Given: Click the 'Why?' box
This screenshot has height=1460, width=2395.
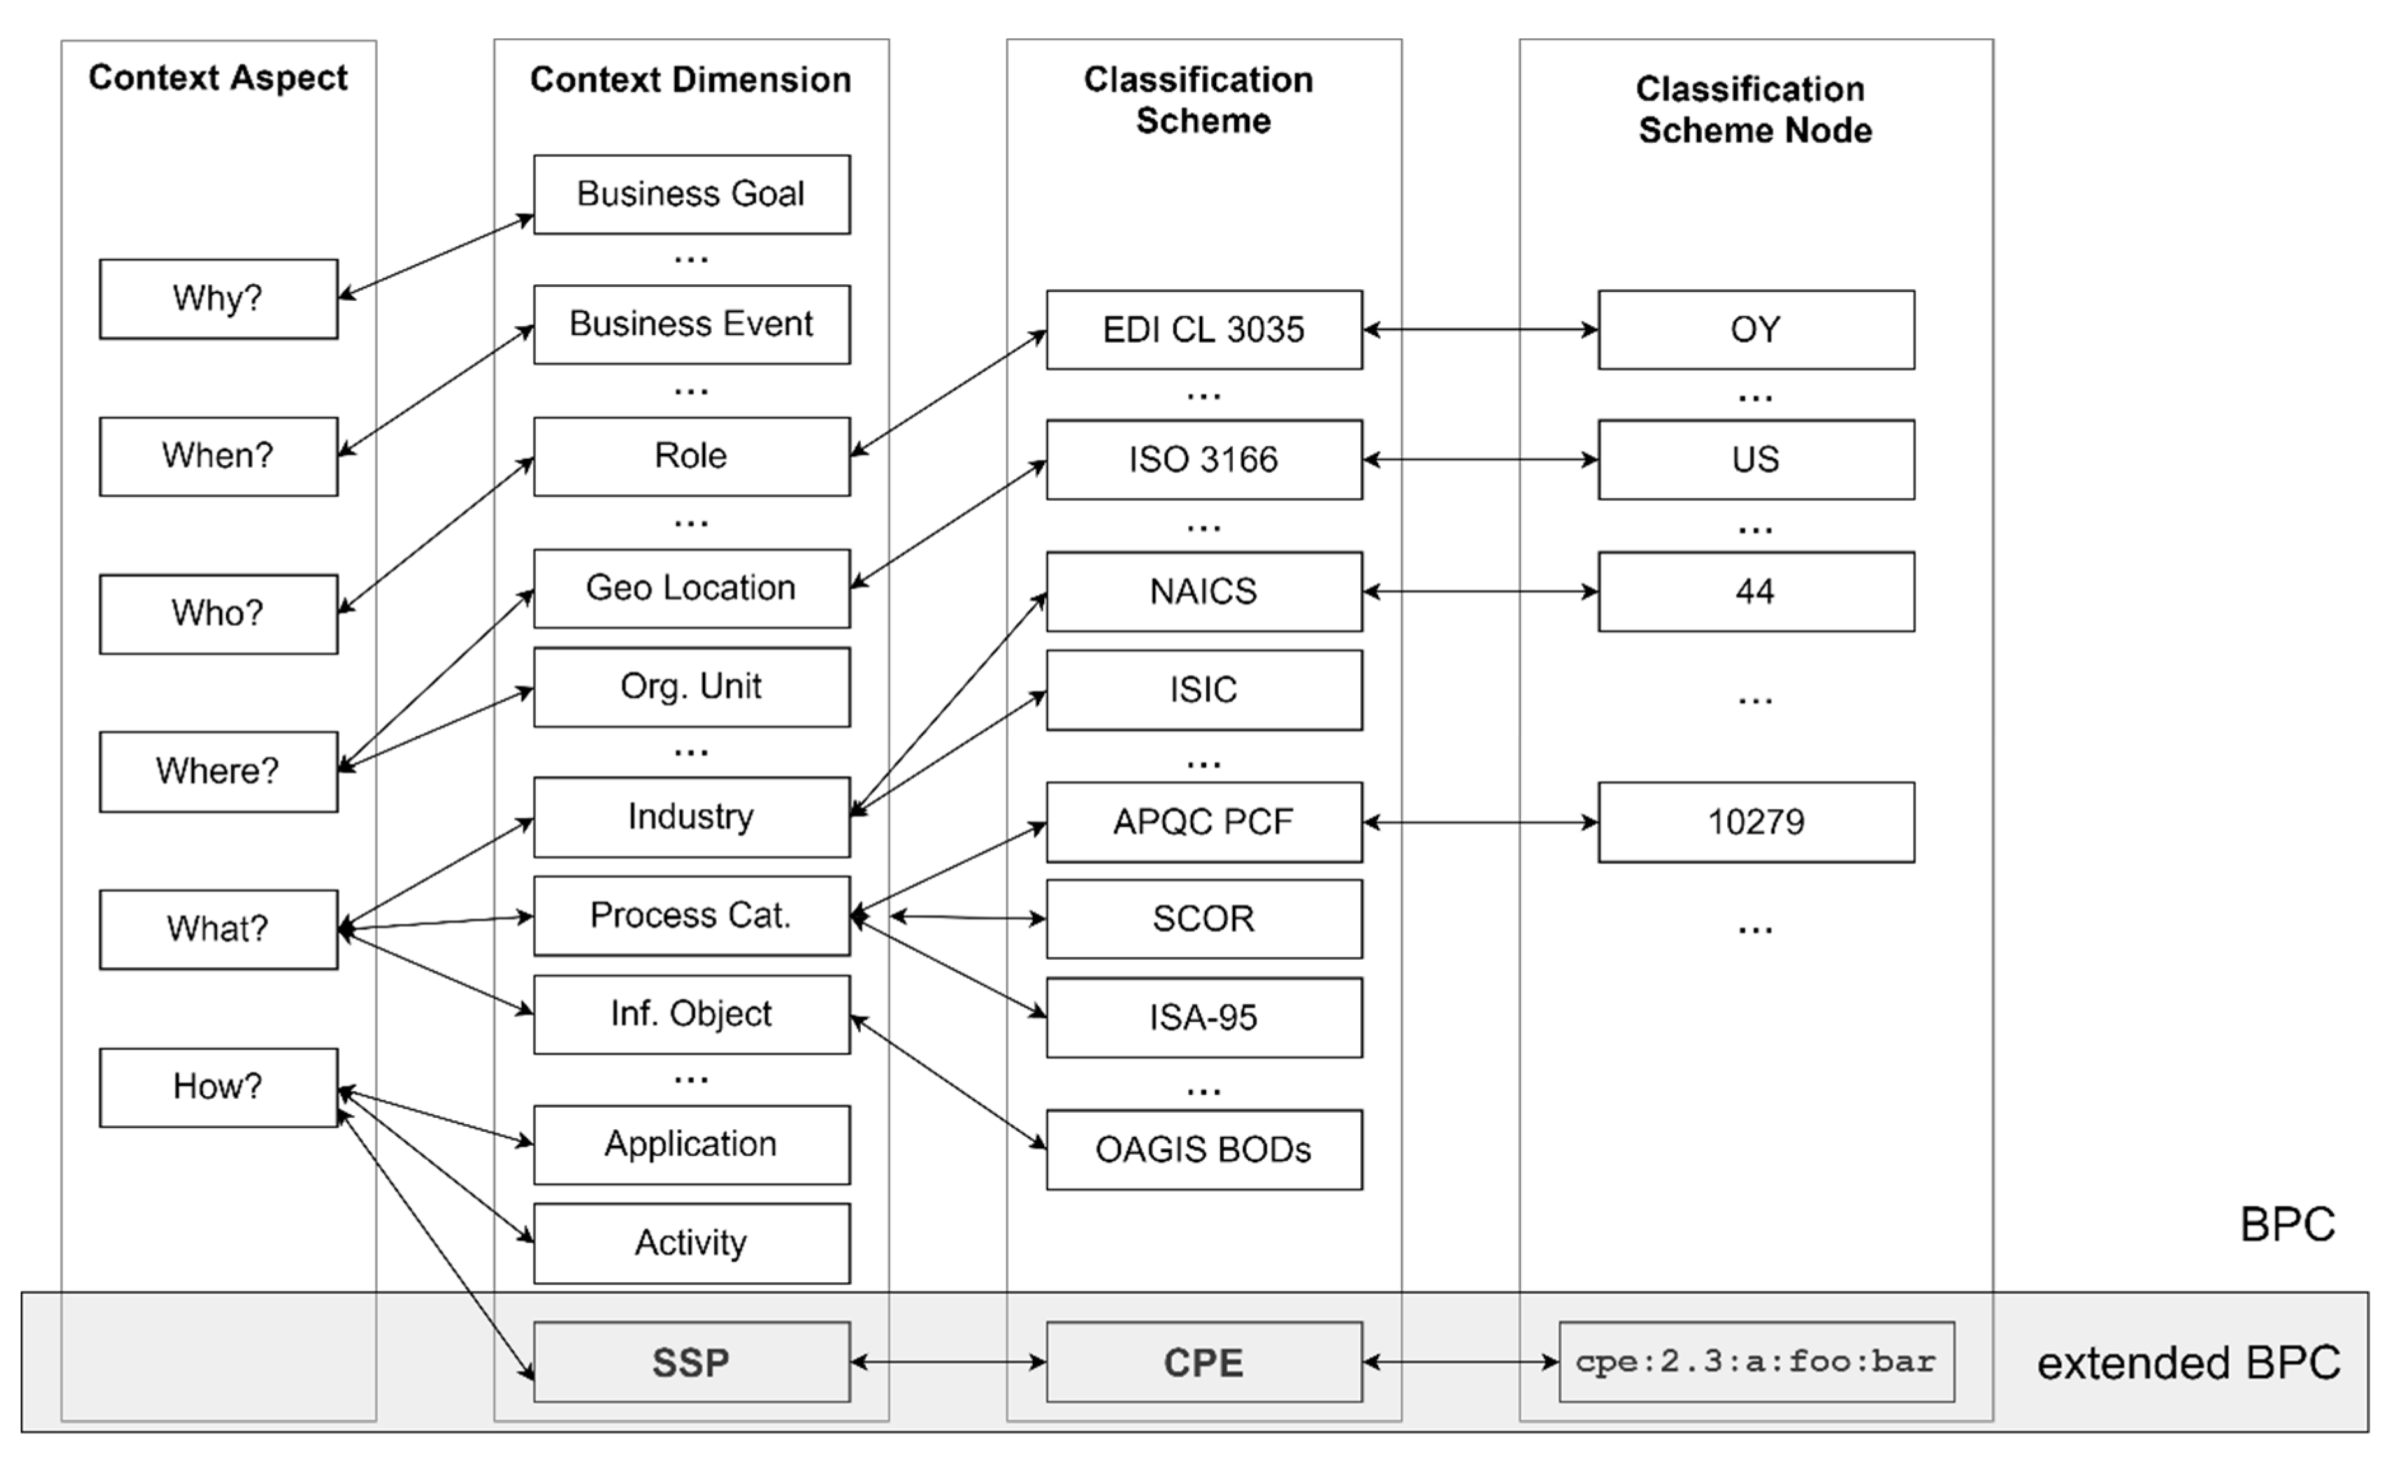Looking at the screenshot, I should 218,298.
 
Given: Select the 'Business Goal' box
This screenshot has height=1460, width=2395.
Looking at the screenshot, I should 691,194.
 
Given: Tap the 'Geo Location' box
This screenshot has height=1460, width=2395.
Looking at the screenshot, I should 691,588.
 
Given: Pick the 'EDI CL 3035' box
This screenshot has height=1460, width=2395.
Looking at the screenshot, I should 1204,329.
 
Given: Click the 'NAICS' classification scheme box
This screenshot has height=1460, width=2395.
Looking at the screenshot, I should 1204,591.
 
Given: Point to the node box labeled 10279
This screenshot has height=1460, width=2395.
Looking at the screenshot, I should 1755,822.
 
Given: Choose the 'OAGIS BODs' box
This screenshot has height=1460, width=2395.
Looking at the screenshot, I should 1204,1150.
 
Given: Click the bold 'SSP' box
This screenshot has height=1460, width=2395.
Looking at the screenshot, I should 691,1362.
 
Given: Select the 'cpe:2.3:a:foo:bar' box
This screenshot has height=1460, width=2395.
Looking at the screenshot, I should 1755,1362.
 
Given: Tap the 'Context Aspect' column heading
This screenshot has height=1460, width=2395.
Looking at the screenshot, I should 218,78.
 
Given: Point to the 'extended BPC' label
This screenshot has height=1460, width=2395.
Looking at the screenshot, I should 2188,1362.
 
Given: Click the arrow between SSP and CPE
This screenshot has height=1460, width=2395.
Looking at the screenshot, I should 947,1362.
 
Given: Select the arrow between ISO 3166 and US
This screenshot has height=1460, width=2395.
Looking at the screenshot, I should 1479,459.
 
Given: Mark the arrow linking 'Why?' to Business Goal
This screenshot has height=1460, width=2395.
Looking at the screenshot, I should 435,257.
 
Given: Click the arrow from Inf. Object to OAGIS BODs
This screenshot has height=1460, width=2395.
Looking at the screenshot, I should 947,1083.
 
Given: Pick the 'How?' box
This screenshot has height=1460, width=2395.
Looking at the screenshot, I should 218,1087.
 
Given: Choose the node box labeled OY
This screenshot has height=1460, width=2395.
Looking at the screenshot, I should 1755,329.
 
